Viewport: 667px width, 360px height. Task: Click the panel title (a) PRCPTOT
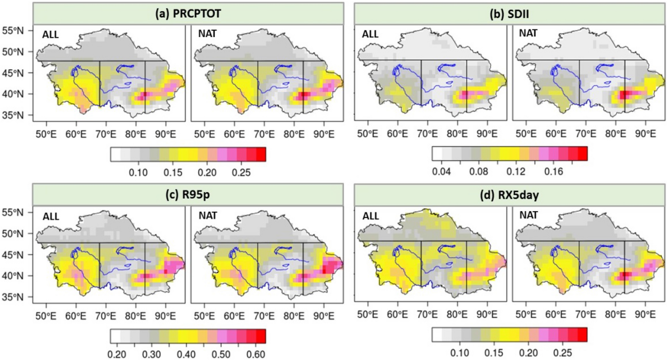pyautogui.click(x=188, y=14)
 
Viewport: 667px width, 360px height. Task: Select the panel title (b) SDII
pyautogui.click(x=509, y=14)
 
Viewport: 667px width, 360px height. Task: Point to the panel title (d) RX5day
pyautogui.click(x=509, y=195)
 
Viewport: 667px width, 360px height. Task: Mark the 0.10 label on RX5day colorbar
pyautogui.click(x=459, y=353)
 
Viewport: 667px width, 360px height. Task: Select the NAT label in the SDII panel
pyautogui.click(x=528, y=33)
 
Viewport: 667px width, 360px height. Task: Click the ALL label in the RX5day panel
pyautogui.click(x=370, y=216)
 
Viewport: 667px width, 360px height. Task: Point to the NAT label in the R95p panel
pyautogui.click(x=208, y=216)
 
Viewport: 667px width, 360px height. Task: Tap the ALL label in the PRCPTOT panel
pyautogui.click(x=50, y=35)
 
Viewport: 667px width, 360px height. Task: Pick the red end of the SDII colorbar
pyautogui.click(x=582, y=154)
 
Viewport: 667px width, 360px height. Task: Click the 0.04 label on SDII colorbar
pyautogui.click(x=441, y=172)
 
